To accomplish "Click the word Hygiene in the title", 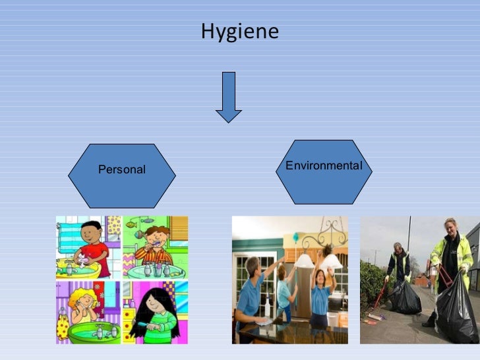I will pyautogui.click(x=239, y=32).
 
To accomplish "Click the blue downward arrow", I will pyautogui.click(x=229, y=97).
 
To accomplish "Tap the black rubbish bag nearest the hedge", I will pyautogui.click(x=405, y=297).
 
